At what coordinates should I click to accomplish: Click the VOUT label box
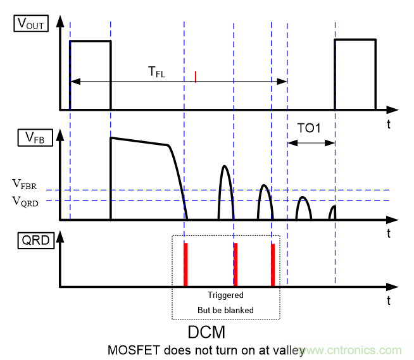pyautogui.click(x=30, y=24)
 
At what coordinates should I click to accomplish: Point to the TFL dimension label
pyautogui.click(x=156, y=72)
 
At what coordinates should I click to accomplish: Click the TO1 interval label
pyautogui.click(x=310, y=128)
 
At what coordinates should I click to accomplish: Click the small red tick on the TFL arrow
pyautogui.click(x=196, y=77)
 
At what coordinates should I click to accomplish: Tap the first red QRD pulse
pyautogui.click(x=186, y=264)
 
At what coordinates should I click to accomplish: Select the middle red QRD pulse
pyautogui.click(x=235, y=264)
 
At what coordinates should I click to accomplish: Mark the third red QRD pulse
pyautogui.click(x=273, y=264)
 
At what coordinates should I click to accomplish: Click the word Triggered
pyautogui.click(x=225, y=295)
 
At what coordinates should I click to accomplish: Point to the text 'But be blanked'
pyautogui.click(x=225, y=310)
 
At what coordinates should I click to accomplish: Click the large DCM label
pyautogui.click(x=207, y=332)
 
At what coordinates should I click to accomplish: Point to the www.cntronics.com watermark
pyautogui.click(x=363, y=350)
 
